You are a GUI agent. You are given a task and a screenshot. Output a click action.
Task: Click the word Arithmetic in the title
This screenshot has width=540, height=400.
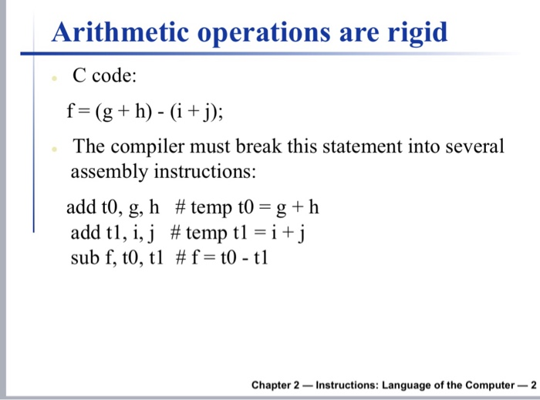click(120, 32)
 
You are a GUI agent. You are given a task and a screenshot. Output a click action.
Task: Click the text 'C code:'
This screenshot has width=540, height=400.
click(105, 75)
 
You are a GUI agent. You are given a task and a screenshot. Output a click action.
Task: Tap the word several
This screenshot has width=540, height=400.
click(474, 146)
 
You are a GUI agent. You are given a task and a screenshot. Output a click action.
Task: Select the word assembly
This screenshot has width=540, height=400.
click(110, 172)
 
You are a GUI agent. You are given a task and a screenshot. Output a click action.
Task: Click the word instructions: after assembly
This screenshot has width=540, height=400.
click(205, 171)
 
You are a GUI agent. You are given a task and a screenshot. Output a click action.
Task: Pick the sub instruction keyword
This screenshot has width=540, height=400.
click(85, 258)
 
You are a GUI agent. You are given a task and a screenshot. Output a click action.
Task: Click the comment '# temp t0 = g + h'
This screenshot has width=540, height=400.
click(247, 208)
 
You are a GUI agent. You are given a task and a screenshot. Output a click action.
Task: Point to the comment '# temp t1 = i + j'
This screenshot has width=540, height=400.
click(238, 234)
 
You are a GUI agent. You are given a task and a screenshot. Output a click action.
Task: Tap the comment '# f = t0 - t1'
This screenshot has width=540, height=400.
click(222, 258)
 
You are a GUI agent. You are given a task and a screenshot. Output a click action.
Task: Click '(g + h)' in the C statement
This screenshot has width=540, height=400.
click(123, 112)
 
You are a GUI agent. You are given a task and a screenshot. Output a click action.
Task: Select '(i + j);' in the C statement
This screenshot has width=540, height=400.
click(196, 112)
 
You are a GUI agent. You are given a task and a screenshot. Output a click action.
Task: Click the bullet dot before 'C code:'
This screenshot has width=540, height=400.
click(54, 79)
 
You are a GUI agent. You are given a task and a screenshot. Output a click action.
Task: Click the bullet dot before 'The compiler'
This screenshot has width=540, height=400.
click(54, 149)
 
